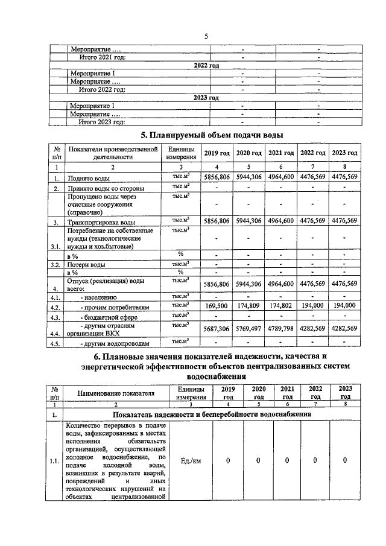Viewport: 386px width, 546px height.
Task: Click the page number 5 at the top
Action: click(x=206, y=36)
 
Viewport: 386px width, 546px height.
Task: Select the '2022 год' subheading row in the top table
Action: click(x=206, y=65)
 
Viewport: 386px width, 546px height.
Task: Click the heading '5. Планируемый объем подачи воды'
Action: click(x=212, y=135)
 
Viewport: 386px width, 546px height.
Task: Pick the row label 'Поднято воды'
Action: click(x=89, y=179)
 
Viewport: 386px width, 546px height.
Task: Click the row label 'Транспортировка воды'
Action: click(x=98, y=223)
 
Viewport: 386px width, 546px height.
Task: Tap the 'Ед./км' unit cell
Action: click(x=191, y=461)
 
